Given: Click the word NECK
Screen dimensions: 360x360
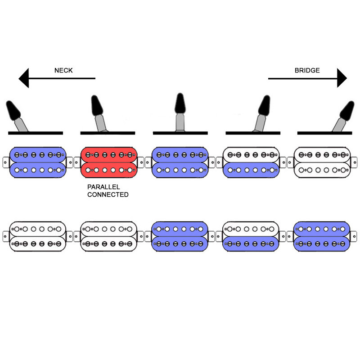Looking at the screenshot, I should [63, 70].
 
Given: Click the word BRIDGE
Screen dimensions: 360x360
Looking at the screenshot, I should [307, 70].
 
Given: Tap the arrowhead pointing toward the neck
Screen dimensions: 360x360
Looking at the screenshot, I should [24, 78].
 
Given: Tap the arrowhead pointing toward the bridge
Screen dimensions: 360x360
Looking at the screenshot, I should [342, 78].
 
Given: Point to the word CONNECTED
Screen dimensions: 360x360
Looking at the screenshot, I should [108, 194].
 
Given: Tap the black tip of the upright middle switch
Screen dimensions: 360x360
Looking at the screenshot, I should [180, 104].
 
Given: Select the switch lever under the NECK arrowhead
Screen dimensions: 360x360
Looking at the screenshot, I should [17, 115].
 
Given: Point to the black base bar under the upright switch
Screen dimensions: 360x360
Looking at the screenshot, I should [180, 133].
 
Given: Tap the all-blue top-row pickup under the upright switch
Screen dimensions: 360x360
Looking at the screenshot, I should [180, 162].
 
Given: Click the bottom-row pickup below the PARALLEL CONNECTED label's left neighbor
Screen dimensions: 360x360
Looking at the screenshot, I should [38, 236].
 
